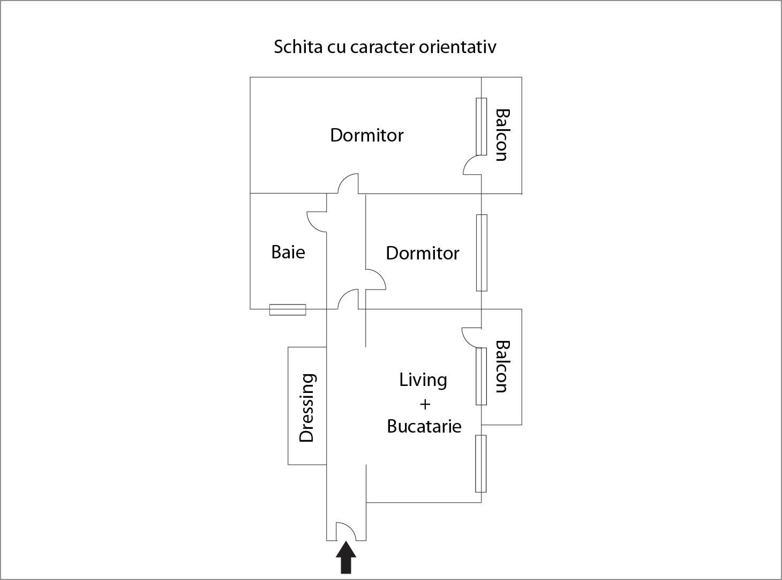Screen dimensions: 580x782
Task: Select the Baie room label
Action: (288, 252)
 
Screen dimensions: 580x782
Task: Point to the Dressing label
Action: (306, 407)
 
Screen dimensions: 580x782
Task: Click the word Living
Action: (423, 380)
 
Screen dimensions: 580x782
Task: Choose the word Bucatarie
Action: (424, 427)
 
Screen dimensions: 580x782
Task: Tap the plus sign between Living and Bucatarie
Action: (425, 404)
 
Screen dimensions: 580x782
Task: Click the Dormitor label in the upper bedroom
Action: (367, 135)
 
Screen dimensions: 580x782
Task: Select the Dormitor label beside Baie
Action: (423, 253)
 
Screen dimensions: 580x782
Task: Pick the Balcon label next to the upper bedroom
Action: (501, 135)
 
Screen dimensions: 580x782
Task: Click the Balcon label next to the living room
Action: (501, 367)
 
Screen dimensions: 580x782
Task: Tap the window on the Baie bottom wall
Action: (288, 309)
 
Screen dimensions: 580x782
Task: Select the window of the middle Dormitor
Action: (482, 252)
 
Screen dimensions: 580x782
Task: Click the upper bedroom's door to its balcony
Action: (472, 165)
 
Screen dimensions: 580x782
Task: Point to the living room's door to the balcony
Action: (472, 337)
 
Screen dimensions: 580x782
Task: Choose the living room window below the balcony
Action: (481, 464)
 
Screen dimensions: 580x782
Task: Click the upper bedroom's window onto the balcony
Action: (482, 127)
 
